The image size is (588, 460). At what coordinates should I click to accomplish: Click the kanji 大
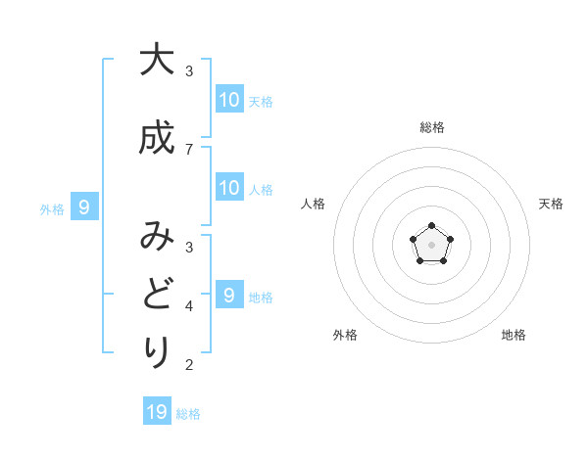click(x=156, y=60)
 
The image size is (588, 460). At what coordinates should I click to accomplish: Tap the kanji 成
click(x=156, y=138)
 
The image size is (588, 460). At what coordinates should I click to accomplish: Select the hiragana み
click(x=156, y=238)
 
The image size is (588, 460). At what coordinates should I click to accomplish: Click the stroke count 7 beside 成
click(x=189, y=149)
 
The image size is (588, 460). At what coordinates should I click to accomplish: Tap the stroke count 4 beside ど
click(x=189, y=306)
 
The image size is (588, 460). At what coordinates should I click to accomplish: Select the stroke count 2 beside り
click(x=189, y=365)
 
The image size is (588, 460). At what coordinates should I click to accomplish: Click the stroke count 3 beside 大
click(x=189, y=71)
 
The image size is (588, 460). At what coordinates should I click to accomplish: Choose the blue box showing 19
click(x=157, y=412)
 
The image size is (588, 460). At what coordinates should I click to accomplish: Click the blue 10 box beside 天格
click(x=229, y=99)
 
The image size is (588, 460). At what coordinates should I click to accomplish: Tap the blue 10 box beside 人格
click(x=229, y=188)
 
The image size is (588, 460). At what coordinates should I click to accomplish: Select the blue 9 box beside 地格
click(x=229, y=295)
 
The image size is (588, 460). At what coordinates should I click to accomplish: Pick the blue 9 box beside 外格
click(x=84, y=207)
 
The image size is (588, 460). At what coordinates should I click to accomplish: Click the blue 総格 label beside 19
click(x=188, y=414)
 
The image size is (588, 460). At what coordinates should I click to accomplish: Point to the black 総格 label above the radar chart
click(x=432, y=127)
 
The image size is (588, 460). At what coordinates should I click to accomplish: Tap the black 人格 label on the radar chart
click(x=314, y=204)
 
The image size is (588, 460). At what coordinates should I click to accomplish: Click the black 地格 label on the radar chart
click(x=514, y=335)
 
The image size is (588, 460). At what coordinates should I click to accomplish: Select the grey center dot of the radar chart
click(x=432, y=246)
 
